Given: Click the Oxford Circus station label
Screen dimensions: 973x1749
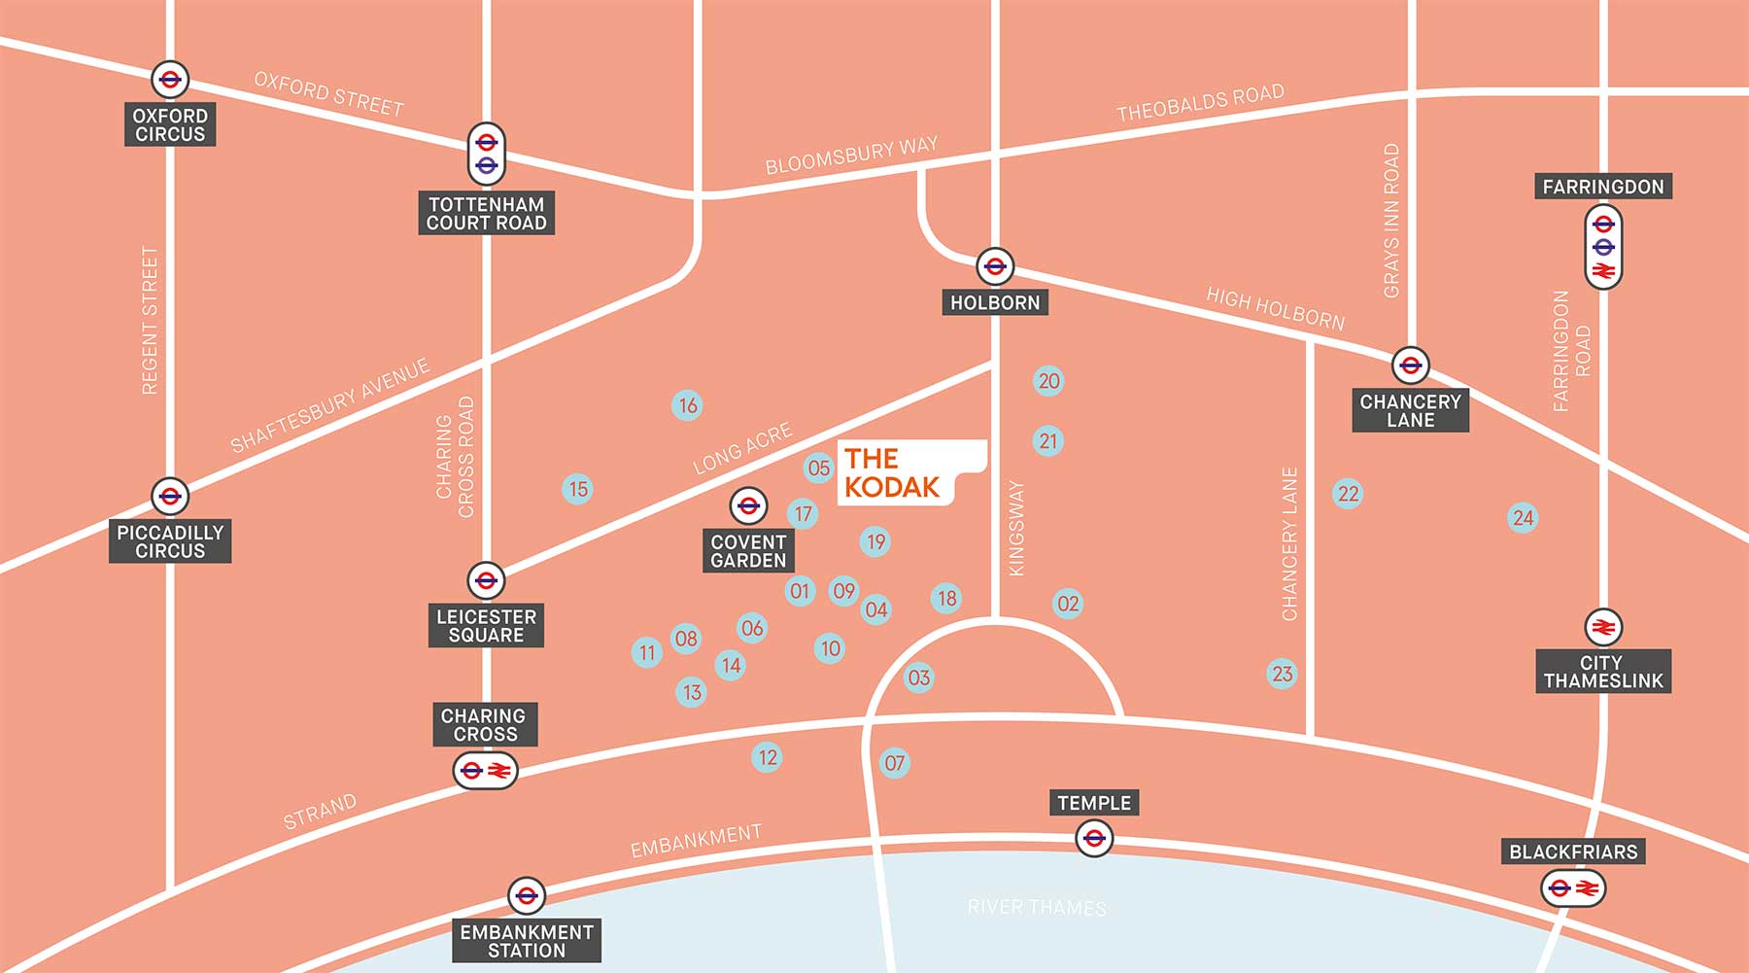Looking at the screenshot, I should tap(170, 124).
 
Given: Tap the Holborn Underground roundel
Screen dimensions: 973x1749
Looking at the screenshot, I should tap(994, 266).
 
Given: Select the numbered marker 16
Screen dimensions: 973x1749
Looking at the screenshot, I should tap(688, 405).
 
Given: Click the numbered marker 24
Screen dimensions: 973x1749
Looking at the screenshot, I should tap(1523, 518).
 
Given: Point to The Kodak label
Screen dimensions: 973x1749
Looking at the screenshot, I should tap(892, 472).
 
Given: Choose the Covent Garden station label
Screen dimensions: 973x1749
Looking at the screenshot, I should tap(748, 551).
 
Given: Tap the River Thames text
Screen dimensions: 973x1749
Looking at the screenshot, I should tap(1037, 907).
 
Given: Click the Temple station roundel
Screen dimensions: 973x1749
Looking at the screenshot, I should tap(1094, 838).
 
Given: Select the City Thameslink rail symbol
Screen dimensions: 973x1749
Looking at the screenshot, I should tap(1603, 628).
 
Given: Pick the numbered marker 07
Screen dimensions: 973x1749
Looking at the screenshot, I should tap(894, 763).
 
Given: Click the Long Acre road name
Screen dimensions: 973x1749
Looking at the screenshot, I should tap(742, 448).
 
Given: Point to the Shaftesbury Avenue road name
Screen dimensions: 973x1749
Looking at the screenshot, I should tap(329, 405).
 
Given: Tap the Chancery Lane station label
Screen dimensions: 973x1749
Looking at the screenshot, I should tap(1410, 410).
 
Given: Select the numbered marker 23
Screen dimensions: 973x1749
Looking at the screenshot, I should tap(1282, 674).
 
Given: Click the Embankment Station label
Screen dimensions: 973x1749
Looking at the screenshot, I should tap(527, 941).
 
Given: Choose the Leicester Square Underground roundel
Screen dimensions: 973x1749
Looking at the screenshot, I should tap(486, 580).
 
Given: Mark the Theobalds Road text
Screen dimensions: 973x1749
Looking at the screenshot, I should tap(1200, 103).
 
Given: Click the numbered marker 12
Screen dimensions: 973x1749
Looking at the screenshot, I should tap(768, 757).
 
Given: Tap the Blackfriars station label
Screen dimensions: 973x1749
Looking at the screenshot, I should tap(1573, 851).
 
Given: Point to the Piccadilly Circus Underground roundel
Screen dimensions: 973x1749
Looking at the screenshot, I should tap(170, 497).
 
